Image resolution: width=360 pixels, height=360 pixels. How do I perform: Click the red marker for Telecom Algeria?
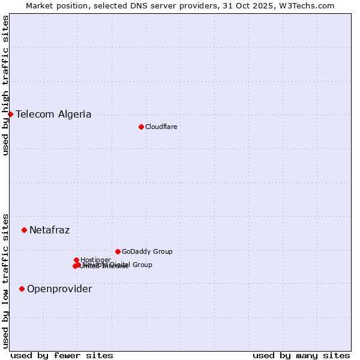tap(10, 114)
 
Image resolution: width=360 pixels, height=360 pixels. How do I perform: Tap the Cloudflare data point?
tap(141, 127)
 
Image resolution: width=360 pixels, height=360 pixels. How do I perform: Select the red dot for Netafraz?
tap(24, 230)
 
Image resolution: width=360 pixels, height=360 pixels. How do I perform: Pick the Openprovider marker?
tap(22, 289)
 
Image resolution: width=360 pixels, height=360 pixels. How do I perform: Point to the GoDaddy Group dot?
tap(118, 251)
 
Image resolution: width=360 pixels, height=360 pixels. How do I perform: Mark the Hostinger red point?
tap(76, 260)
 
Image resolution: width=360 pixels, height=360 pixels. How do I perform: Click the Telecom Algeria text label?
tap(53, 114)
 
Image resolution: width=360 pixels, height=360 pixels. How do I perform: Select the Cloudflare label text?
tap(161, 127)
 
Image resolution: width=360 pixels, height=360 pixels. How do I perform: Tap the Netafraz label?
tap(49, 230)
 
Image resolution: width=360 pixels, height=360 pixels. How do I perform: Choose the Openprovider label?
tap(59, 289)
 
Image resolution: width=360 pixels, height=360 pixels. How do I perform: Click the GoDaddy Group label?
tap(147, 251)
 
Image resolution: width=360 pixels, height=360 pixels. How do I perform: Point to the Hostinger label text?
tap(95, 260)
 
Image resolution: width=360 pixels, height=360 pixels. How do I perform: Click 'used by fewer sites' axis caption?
tap(62, 355)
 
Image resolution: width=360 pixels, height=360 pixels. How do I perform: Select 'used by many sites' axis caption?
tap(301, 355)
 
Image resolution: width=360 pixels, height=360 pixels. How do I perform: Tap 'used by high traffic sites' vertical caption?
tap(5, 85)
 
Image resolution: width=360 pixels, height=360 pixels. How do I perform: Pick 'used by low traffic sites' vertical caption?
tap(5, 280)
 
